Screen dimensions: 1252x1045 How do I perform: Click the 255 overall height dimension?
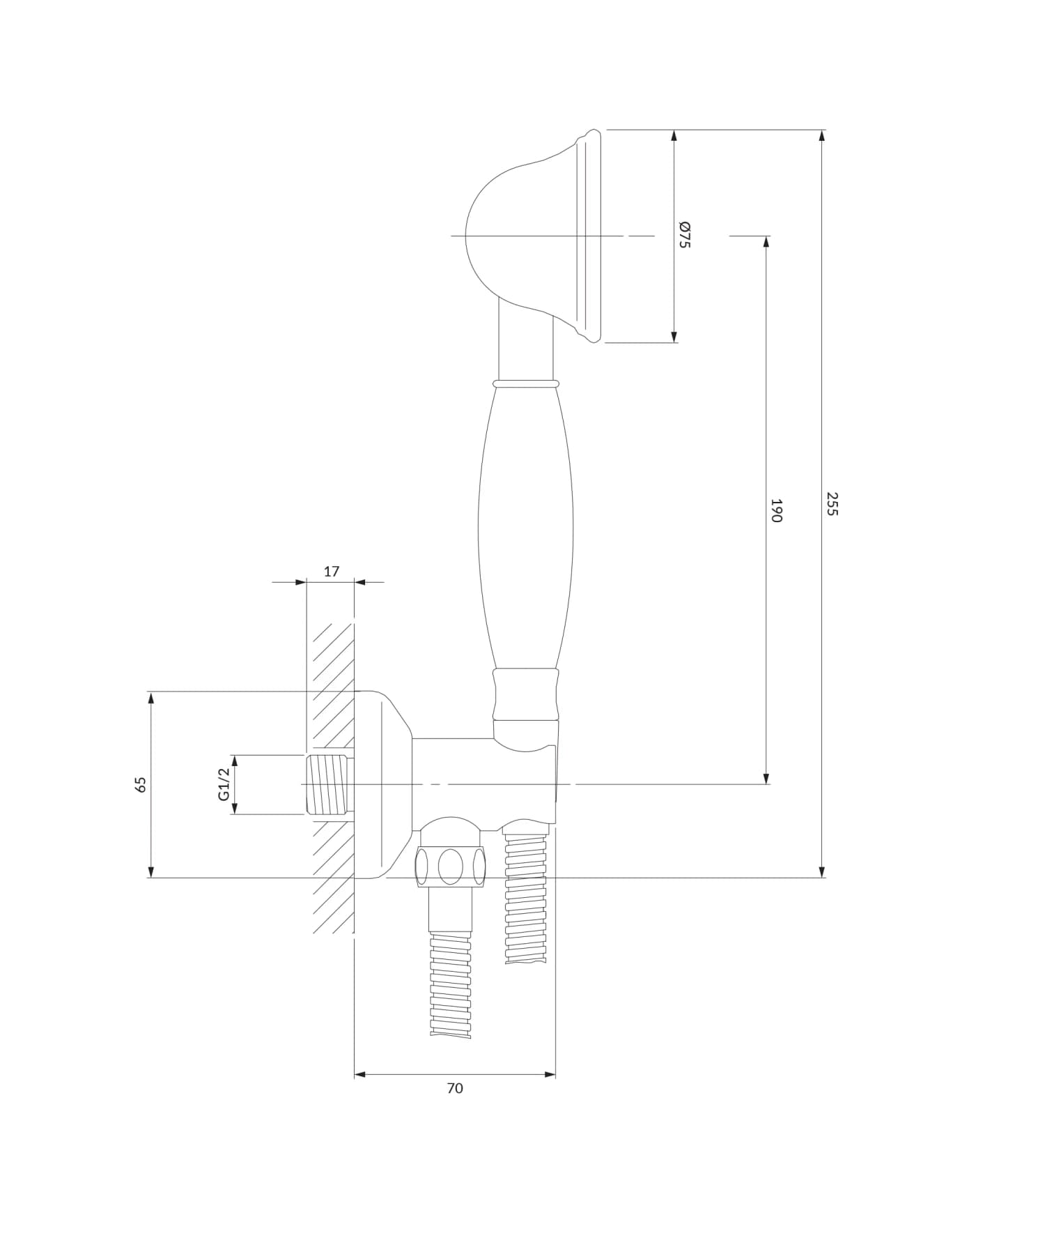832,503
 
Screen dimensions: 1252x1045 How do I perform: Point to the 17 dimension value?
332,572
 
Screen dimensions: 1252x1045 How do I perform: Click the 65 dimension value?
141,784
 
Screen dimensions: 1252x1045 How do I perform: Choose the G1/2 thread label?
224,784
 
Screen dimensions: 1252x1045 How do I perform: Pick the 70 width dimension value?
455,1088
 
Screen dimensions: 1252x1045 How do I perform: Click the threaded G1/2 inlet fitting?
328,784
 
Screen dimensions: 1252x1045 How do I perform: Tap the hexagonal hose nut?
451,867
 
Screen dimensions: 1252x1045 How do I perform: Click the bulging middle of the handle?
526,530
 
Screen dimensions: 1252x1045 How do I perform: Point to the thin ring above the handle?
526,383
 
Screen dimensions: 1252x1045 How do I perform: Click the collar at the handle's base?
526,694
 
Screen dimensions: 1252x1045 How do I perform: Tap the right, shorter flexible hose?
526,899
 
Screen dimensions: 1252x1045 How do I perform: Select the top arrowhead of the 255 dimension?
822,136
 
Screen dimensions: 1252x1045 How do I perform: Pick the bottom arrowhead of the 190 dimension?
766,778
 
